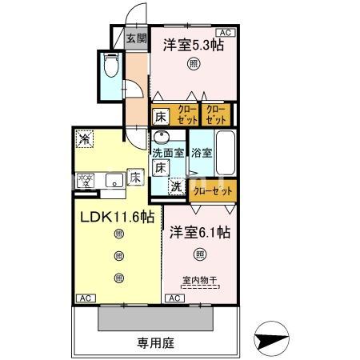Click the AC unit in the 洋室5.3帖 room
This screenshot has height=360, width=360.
coord(224,32)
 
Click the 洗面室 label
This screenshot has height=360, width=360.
coord(169,152)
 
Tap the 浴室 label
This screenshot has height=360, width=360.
coord(202,152)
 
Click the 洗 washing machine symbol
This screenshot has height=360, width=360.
coord(176,187)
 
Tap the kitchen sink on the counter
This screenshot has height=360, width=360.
coord(114,179)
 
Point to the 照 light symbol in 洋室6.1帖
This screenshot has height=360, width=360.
coord(199,255)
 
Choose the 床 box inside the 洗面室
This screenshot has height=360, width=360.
coord(160,168)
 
